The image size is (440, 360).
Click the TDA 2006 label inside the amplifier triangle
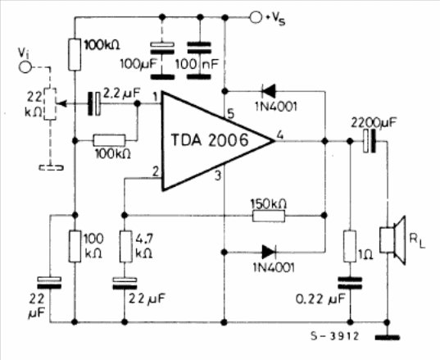tap(210, 140)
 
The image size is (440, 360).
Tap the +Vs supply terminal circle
tap(256, 17)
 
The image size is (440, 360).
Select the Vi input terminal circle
tap(25, 67)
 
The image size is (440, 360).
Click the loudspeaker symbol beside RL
tap(392, 240)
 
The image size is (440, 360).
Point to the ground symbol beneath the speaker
tap(388, 337)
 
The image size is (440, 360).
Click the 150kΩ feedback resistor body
tap(269, 216)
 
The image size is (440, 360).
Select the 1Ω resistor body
tap(350, 246)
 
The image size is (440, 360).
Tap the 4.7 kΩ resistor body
tap(125, 246)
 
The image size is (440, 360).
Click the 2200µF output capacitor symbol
tap(369, 141)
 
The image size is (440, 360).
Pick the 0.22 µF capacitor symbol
tap(350, 283)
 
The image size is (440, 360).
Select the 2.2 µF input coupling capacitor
tap(94, 103)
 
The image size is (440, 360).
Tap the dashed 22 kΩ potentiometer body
tap(50, 104)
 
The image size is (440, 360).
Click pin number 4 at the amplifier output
tap(279, 135)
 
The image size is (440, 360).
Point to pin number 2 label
tap(155, 171)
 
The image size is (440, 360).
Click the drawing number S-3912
tap(334, 336)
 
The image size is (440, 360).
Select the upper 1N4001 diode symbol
tap(268, 91)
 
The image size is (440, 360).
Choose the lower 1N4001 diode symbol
tap(269, 252)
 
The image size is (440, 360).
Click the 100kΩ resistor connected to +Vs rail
tap(75, 54)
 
